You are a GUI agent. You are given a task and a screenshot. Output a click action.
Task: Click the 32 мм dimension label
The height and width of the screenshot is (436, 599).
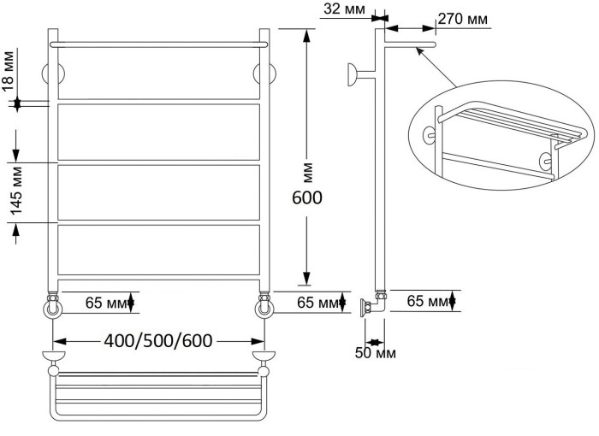pos(345,9)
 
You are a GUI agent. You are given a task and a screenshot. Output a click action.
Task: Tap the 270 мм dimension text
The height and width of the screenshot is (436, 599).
pos(463,18)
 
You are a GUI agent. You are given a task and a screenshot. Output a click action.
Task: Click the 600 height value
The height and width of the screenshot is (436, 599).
pos(307,197)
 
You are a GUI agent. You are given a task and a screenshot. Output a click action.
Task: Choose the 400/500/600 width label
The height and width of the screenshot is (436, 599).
pos(158,340)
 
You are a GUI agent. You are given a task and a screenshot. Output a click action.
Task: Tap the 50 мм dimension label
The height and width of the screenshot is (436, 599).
pos(376,353)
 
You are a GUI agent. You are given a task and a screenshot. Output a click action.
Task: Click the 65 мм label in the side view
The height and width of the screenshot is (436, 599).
pos(427,301)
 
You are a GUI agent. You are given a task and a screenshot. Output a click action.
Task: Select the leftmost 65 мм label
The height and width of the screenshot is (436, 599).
pos(106,303)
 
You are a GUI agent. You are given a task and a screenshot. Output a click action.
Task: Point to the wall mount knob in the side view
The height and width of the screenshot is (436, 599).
pos(353,74)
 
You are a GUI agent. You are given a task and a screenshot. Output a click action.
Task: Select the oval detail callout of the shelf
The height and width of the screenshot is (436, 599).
pos(501,135)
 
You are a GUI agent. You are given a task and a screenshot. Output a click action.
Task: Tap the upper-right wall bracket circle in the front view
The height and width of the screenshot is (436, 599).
pos(264,74)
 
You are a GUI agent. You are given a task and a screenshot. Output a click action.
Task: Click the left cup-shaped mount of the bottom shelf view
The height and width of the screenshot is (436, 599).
pos(53,356)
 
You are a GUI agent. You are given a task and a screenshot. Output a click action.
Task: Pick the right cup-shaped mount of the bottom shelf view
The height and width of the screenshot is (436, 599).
pos(264,356)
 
